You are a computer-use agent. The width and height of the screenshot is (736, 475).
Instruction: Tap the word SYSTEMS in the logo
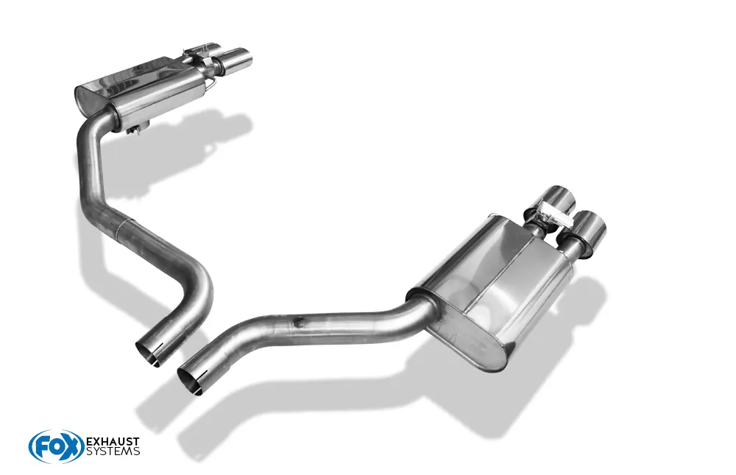tap(113, 451)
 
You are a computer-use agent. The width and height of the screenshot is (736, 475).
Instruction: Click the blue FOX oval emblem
tap(56, 446)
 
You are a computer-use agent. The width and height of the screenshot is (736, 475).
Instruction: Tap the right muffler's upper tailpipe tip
tap(558, 199)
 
